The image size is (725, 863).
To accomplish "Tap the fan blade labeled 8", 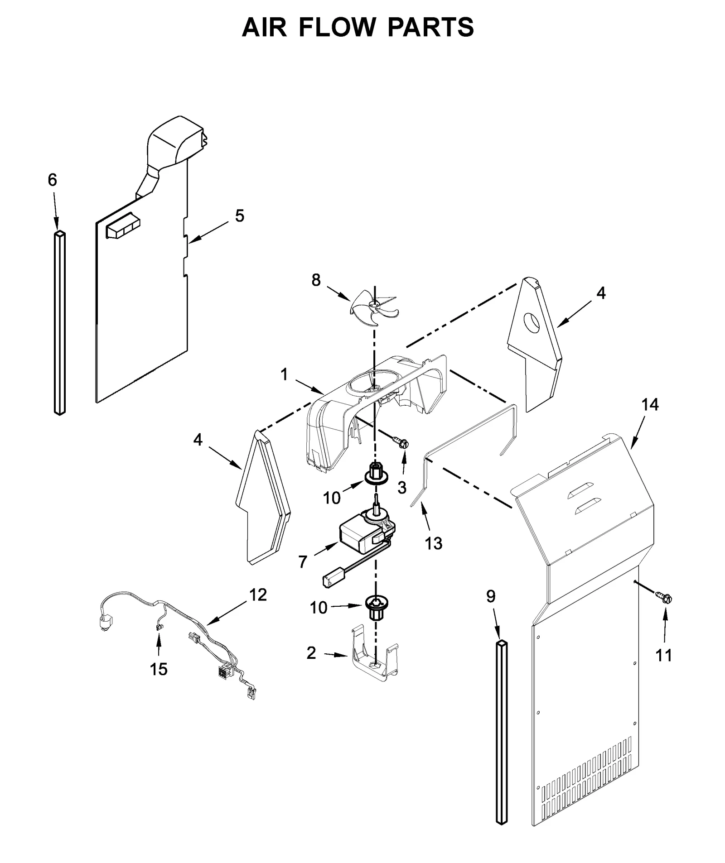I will coord(374,308).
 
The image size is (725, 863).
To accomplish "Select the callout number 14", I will coord(650,404).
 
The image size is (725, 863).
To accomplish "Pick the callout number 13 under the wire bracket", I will coord(434,543).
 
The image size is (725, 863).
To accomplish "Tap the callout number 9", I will coord(491,596).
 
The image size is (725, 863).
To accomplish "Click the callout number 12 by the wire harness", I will coord(258,595).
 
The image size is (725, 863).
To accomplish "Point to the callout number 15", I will coord(159,669).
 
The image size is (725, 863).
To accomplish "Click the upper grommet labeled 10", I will coord(376,475).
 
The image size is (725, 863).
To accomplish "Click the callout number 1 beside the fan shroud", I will coord(284,374).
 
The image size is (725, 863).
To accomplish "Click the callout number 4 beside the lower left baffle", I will coord(198,439).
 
